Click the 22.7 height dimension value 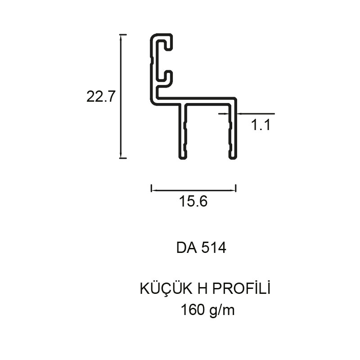(x=100, y=97)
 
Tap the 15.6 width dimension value (x=193, y=201)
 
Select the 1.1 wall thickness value (x=261, y=125)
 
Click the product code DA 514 (x=201, y=248)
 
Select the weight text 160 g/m (x=207, y=310)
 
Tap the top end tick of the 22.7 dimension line (x=123, y=35)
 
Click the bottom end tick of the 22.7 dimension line (x=123, y=158)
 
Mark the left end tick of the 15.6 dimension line (x=151, y=188)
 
